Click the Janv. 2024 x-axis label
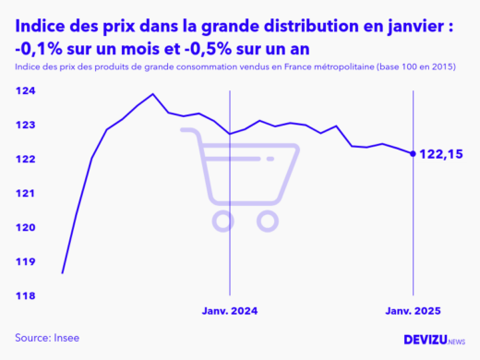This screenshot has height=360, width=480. point(229,313)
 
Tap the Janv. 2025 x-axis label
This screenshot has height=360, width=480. point(411,313)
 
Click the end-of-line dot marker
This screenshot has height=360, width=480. point(411,153)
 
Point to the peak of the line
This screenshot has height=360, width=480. point(152,94)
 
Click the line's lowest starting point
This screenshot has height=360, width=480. point(62,273)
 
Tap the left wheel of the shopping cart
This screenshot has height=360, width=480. point(222,220)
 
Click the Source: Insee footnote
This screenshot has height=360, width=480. point(47,338)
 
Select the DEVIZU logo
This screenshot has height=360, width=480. point(434,340)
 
